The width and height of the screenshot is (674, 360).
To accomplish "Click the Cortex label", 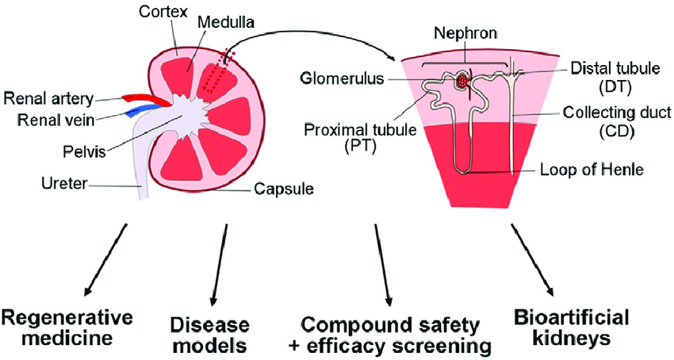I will click(161, 14).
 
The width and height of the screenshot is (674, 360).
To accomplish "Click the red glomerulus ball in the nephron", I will click(462, 81).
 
